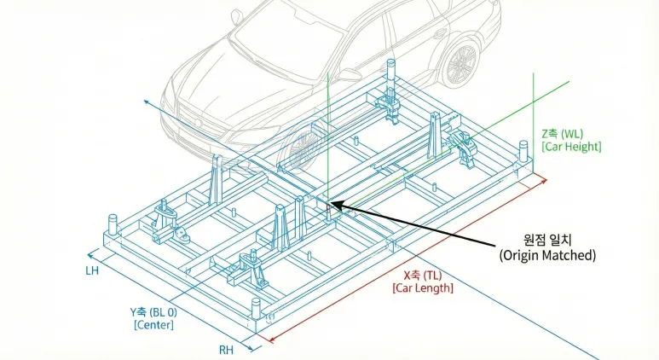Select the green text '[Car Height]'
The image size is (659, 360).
[x=571, y=148]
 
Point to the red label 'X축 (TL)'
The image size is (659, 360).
[x=423, y=275]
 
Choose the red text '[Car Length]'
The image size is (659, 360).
[x=423, y=288]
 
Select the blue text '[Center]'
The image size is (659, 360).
[x=153, y=325]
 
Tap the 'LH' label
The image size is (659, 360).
[x=92, y=270]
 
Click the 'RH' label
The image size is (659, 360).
[x=227, y=349]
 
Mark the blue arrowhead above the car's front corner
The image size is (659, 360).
[x=146, y=102]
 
